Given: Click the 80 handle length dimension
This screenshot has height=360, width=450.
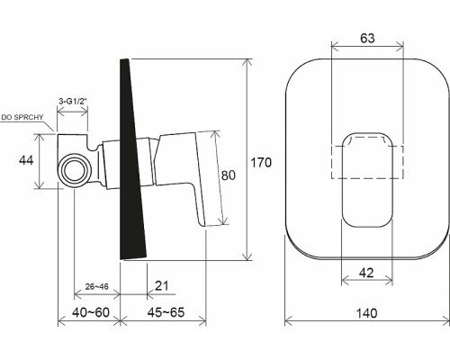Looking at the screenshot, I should click(230, 177).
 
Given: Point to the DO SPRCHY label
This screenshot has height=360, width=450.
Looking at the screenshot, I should click(20, 117).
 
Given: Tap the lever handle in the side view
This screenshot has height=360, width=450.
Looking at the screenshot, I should click(192, 180).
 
